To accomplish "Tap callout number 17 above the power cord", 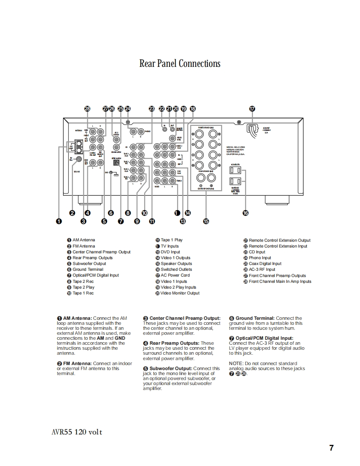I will click(x=252, y=109).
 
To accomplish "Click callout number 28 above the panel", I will click(x=87, y=109).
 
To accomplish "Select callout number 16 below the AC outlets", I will click(x=245, y=213).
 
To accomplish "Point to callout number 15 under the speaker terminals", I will click(x=206, y=221).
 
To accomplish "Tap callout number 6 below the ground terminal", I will click(x=111, y=213).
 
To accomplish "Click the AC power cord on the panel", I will click(x=252, y=129).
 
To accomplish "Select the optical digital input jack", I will click(x=116, y=163).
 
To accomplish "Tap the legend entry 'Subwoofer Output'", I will click(x=89, y=264).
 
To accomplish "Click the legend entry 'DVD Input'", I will click(x=170, y=252).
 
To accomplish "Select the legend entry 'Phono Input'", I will click(x=260, y=258).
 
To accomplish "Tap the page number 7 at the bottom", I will click(x=331, y=448).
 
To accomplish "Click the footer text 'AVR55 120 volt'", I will click(x=74, y=432).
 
